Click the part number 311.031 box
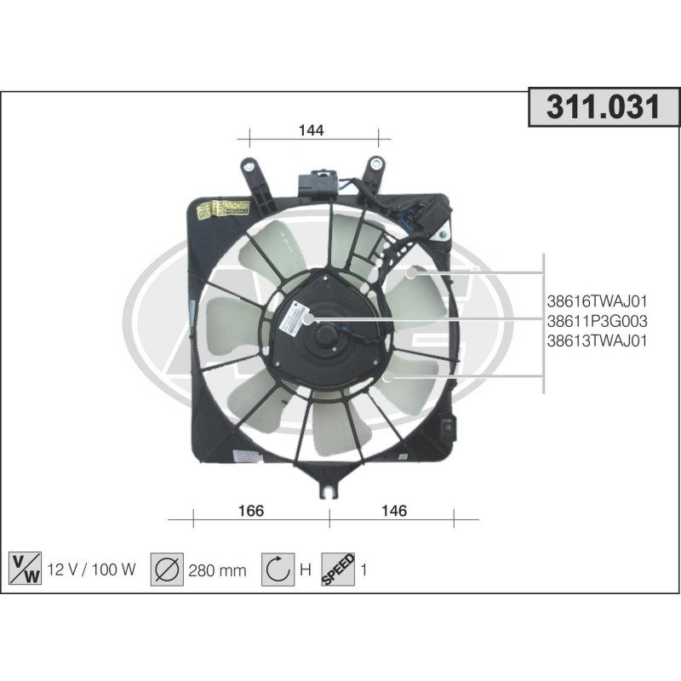tap(604, 108)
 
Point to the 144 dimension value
tap(311, 130)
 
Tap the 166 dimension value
tap(251, 511)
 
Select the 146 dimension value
tap(394, 511)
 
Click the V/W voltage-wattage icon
tap(25, 569)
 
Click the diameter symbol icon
tap(168, 569)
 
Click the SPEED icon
tap(338, 569)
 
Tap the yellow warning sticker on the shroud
tap(230, 209)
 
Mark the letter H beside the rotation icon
tap(305, 570)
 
